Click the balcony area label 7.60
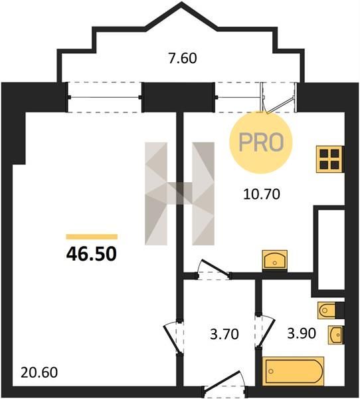183,58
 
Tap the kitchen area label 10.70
262,194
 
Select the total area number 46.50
92,254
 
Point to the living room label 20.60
39,373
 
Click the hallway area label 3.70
225,334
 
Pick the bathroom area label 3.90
302,333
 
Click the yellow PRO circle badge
261,142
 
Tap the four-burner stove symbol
329,160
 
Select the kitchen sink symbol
275,260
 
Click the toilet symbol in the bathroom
327,310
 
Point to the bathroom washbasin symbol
336,335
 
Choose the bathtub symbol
293,371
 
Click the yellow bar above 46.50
92,237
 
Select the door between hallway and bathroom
264,331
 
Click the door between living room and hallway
173,336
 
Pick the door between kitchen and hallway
213,270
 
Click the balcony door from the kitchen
278,98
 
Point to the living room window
104,97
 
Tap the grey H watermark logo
179,194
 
